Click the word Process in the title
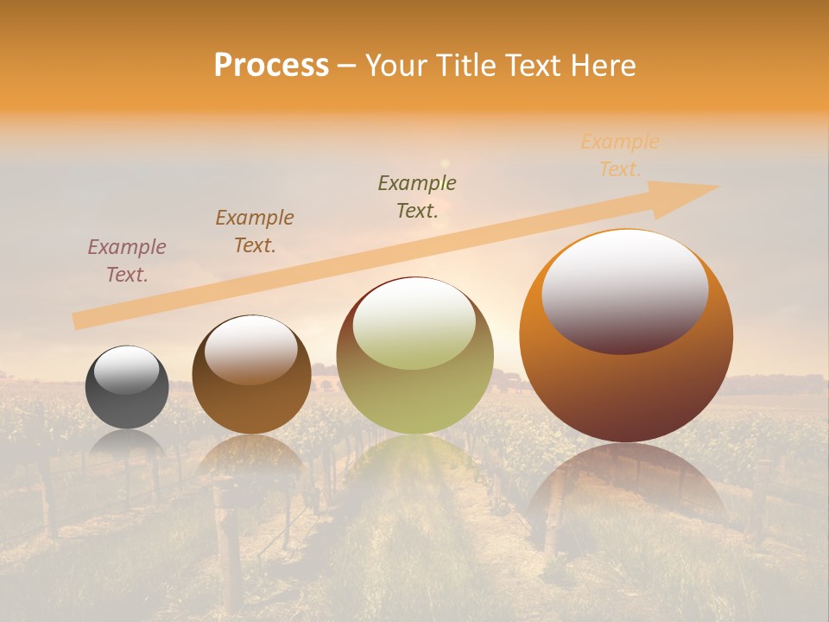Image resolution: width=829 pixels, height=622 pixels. pos(271,66)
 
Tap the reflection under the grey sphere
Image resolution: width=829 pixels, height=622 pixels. pos(127,444)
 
